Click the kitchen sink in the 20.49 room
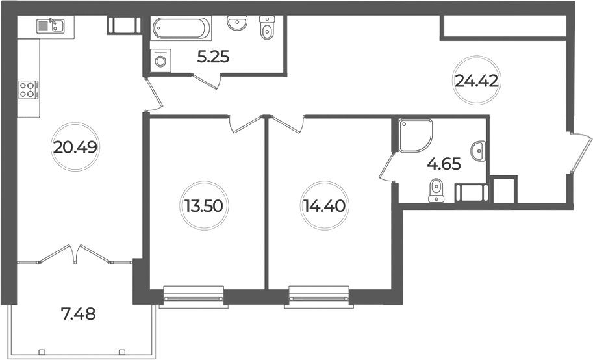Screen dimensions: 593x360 50,26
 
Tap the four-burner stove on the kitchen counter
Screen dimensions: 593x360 29,90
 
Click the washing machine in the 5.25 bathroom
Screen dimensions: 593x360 160,60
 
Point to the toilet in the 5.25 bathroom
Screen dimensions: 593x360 268,28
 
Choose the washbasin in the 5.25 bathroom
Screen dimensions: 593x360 237,23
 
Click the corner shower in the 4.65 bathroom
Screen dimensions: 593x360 415,136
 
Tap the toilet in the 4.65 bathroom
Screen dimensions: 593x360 437,190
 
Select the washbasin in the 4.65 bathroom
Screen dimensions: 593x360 479,151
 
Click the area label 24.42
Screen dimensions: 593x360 476,80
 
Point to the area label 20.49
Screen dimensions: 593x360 75,147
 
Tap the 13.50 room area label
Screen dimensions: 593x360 204,206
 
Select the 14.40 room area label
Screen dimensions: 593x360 324,206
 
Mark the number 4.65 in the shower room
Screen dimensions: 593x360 444,164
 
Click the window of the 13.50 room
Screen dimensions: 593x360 194,297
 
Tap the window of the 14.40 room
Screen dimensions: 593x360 319,297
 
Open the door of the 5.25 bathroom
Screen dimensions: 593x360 207,81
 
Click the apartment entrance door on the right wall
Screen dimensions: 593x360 580,153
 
